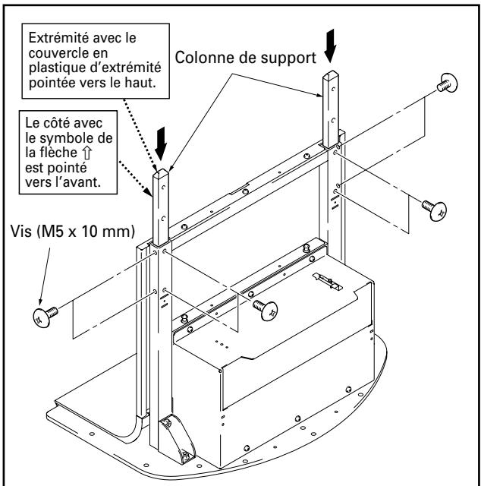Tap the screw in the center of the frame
267,308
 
